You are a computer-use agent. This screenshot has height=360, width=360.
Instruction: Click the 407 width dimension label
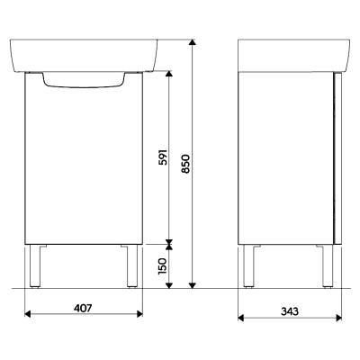coord(83,309)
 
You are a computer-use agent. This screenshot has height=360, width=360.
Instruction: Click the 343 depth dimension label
coord(290,311)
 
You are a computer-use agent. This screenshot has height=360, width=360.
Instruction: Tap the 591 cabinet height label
coord(163,157)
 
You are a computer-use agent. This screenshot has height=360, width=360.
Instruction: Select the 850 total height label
coord(186,164)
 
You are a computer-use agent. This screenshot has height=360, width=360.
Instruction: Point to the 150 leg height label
coord(162,265)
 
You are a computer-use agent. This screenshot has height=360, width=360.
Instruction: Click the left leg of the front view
coord(35,266)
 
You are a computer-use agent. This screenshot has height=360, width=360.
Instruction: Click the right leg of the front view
coord(132,266)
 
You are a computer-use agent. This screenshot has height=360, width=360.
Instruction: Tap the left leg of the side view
coord(248,266)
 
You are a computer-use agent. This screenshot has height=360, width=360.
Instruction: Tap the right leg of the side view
coord(328,266)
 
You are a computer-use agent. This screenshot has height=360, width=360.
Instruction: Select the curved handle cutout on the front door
coord(84,80)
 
